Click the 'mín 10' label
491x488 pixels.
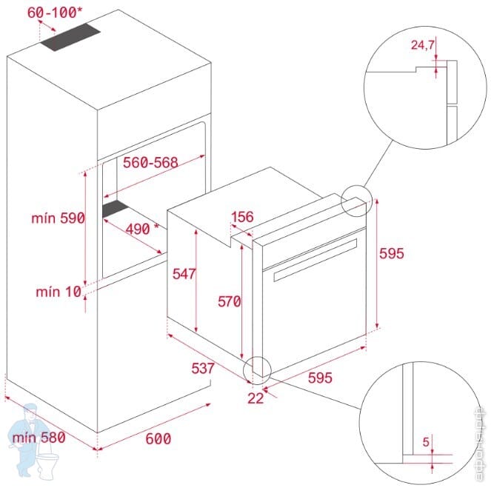58,291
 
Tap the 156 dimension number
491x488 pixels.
242,217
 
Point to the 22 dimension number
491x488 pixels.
256,398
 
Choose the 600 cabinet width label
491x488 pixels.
158,438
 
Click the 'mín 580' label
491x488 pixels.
39,437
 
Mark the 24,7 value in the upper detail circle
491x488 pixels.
423,45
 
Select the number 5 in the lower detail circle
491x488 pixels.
427,442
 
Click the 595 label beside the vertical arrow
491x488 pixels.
391,253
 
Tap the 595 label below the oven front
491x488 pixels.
320,377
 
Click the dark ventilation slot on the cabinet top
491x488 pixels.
71,38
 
